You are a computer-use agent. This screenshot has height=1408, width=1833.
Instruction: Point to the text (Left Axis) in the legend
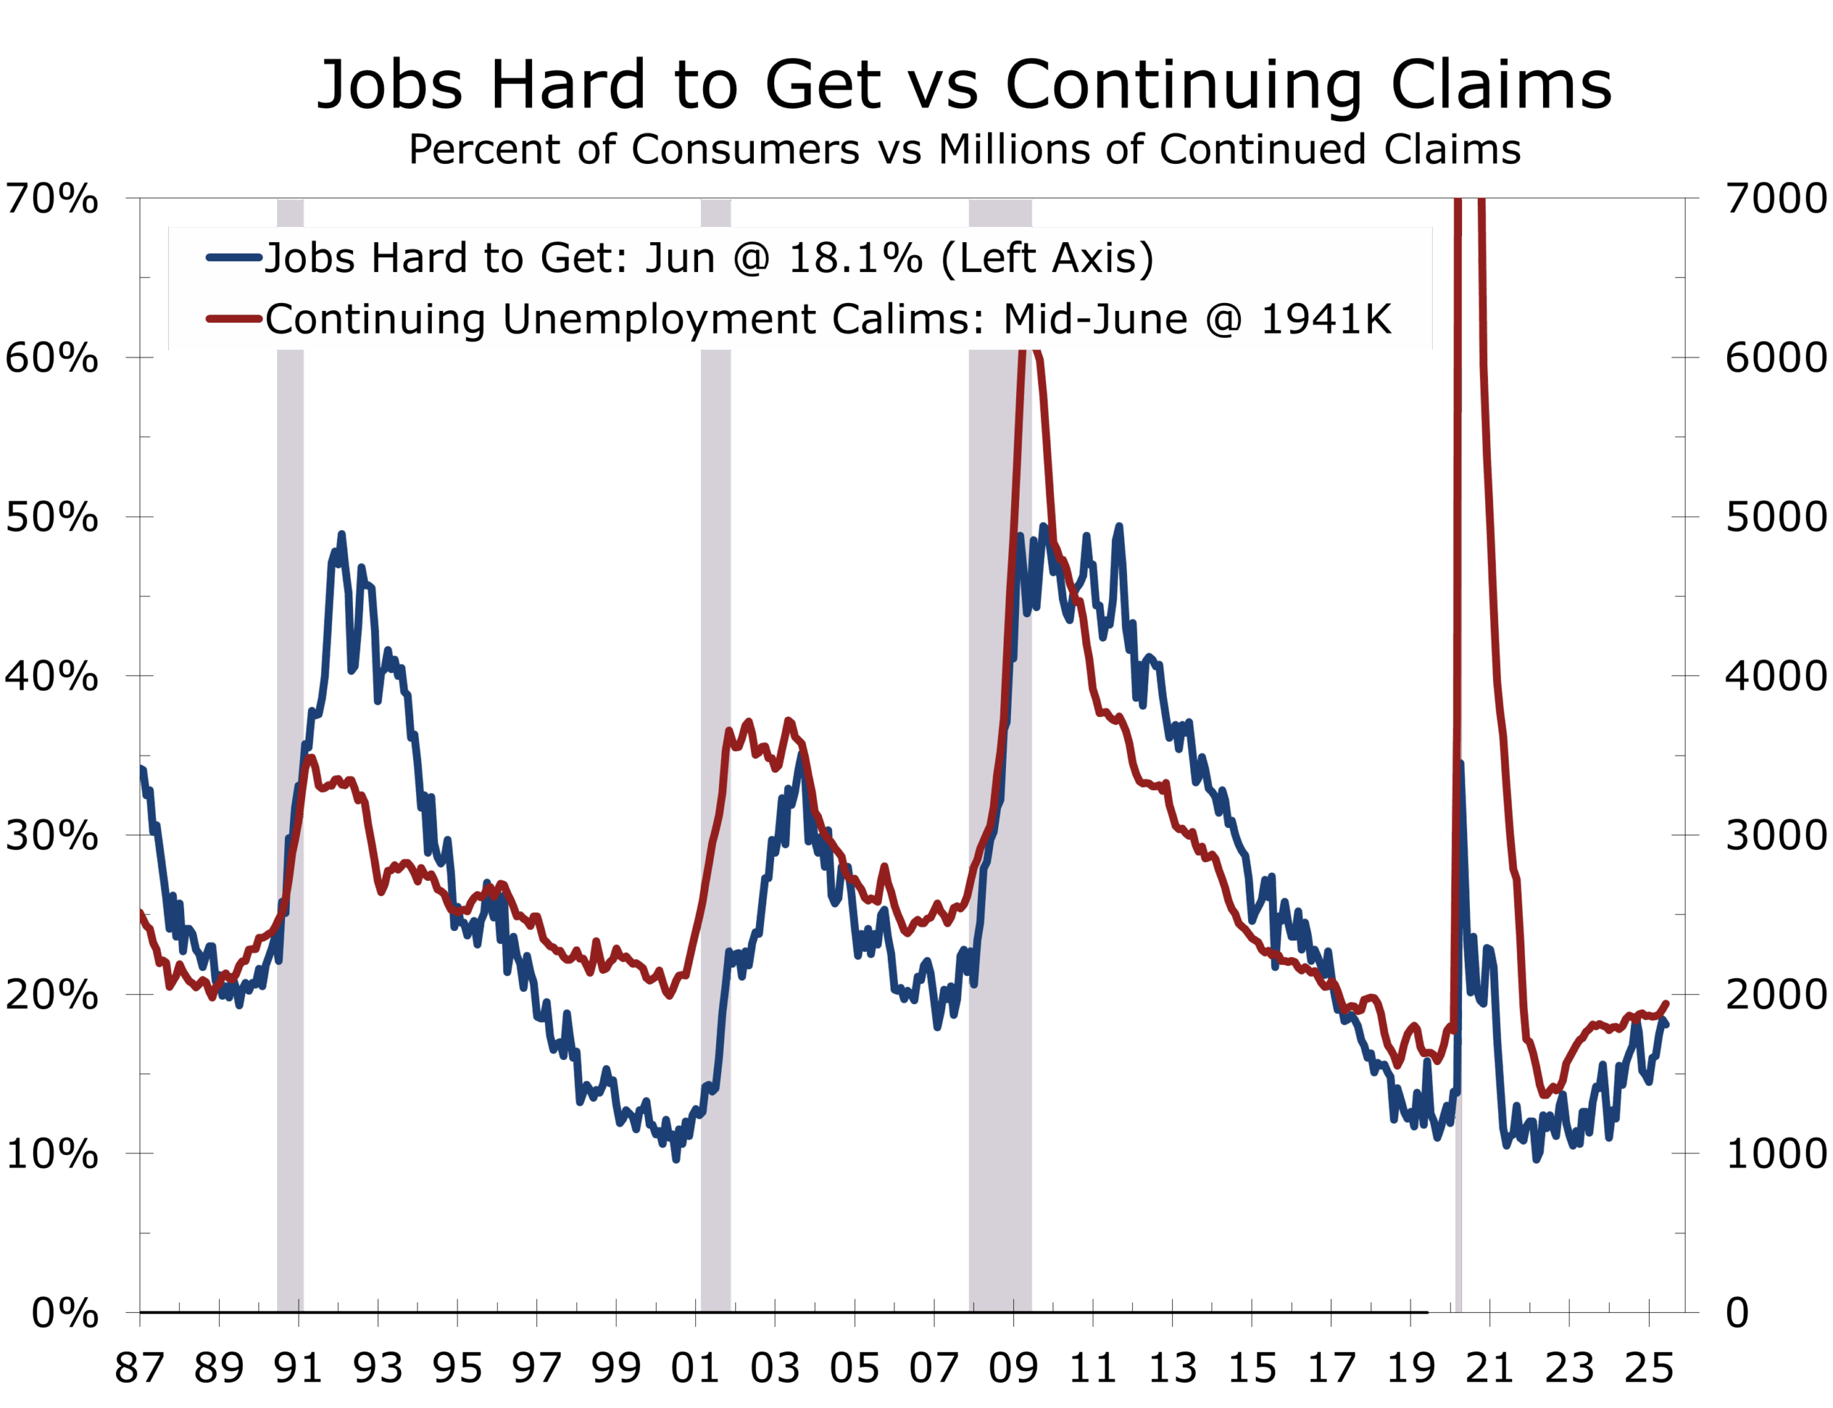click(x=1048, y=258)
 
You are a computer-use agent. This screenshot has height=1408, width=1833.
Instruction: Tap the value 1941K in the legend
click(x=1325, y=319)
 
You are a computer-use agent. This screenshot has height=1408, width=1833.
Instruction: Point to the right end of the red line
click(x=1666, y=1003)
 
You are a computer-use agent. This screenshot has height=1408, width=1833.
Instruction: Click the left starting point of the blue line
click(x=142, y=768)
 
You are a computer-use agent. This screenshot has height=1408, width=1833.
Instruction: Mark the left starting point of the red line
click(x=142, y=912)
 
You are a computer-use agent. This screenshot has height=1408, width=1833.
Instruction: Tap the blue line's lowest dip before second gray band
click(x=676, y=1159)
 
